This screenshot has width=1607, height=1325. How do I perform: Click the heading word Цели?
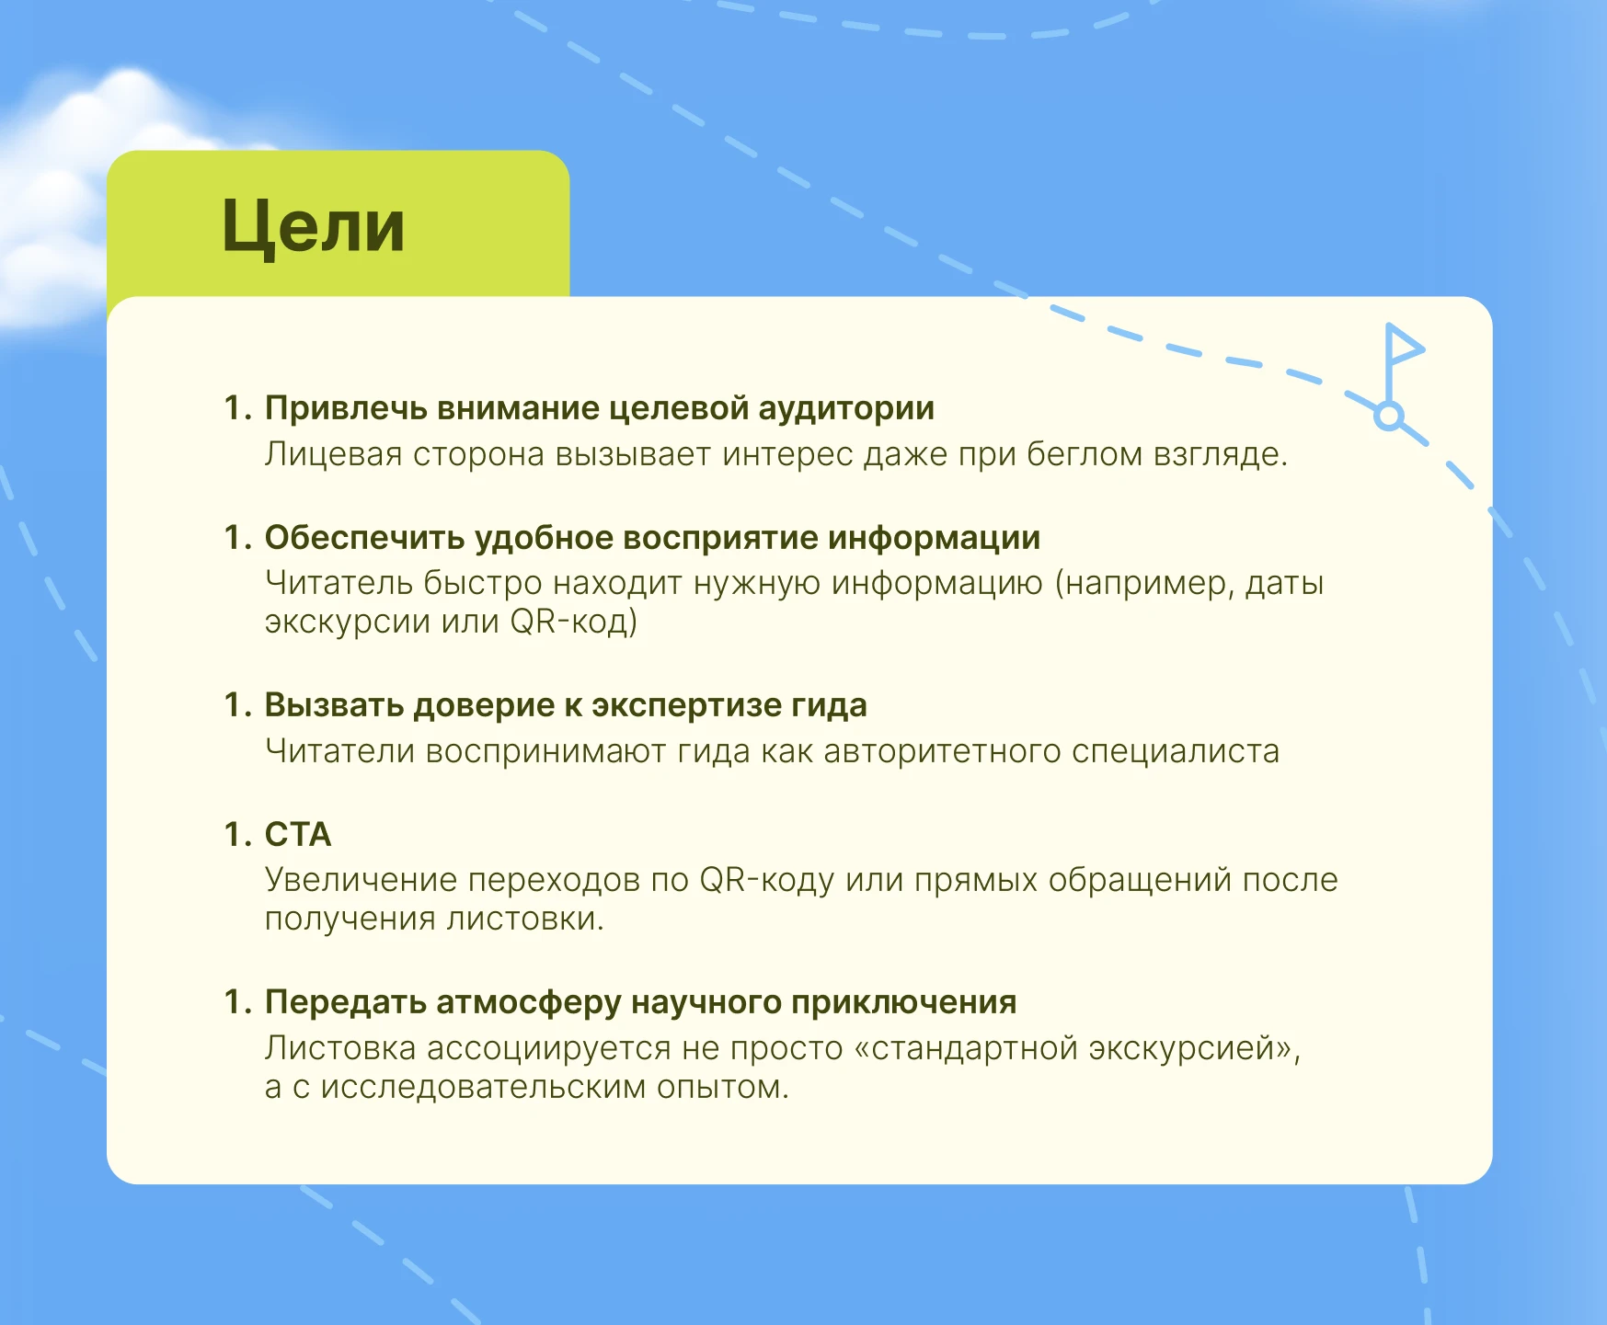313,226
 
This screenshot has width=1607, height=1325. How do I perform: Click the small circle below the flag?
1389,417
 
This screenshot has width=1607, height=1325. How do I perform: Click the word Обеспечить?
364,538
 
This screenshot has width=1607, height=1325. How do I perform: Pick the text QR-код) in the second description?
573,623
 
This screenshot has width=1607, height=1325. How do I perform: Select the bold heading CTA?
298,835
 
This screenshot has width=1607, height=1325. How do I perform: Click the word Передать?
345,1002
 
